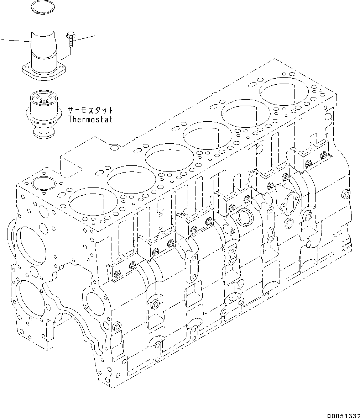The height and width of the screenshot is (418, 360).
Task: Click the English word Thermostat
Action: click(90, 119)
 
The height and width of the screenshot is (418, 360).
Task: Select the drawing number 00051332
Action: click(342, 415)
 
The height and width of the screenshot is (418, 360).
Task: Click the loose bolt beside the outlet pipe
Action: click(69, 40)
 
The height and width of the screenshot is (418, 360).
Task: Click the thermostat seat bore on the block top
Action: click(42, 184)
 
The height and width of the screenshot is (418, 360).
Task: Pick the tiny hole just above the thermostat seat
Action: click(43, 174)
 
